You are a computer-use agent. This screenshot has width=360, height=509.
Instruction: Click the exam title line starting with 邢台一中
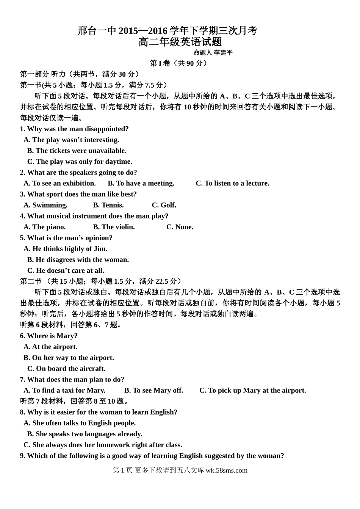(x=167, y=31)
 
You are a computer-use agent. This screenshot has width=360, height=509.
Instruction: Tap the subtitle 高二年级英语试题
(x=180, y=42)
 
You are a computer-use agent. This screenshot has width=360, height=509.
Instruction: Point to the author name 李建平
(x=223, y=53)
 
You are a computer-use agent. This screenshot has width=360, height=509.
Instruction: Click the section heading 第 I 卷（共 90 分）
(x=179, y=63)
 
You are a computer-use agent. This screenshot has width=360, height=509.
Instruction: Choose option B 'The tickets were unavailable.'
(x=77, y=151)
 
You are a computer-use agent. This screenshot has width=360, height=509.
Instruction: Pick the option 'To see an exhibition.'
(x=60, y=183)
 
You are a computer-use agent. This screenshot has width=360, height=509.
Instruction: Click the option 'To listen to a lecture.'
(x=232, y=183)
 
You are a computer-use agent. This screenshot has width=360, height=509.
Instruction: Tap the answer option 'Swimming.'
(x=45, y=205)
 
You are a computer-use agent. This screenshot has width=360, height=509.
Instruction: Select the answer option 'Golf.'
(x=164, y=205)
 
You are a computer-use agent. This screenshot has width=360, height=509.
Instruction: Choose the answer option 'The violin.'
(x=114, y=227)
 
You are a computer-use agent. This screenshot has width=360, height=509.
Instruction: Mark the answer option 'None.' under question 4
(x=180, y=227)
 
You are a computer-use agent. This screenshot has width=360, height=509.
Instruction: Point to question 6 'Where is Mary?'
(x=49, y=336)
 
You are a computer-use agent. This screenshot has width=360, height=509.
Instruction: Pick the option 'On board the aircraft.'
(x=66, y=368)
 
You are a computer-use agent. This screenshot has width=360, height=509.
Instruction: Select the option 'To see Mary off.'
(x=153, y=390)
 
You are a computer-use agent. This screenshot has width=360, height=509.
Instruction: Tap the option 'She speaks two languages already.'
(x=85, y=434)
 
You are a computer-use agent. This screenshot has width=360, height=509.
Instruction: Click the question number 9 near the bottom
(x=22, y=456)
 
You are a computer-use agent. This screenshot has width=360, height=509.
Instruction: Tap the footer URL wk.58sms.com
(x=226, y=470)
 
